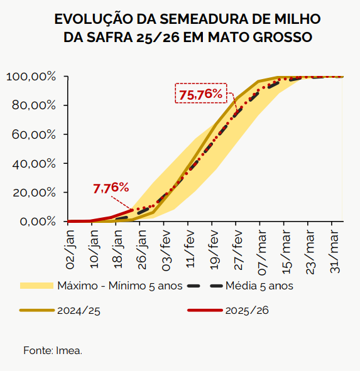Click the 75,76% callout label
point(200,94)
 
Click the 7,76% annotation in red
point(111,188)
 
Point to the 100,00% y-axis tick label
point(31,77)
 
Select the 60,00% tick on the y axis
point(33,134)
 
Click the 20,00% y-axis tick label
point(33,193)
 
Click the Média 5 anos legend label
point(260,286)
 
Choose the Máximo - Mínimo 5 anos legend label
point(119,286)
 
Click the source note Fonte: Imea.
point(53,350)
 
